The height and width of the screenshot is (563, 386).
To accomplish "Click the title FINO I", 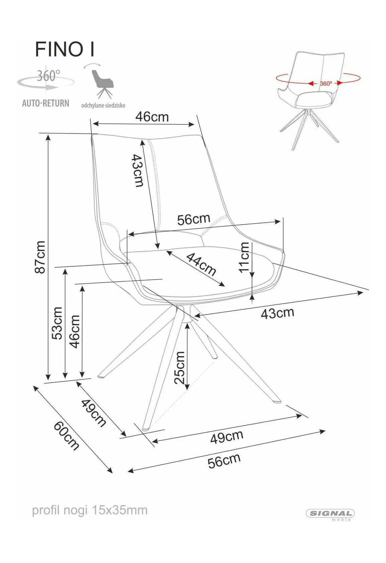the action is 65,49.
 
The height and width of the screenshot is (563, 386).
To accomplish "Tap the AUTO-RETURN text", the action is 45,103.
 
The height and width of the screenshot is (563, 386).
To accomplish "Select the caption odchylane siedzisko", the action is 103,105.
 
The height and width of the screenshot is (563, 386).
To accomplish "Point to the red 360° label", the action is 326,83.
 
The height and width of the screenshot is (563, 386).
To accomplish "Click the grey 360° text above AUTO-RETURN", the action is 49,76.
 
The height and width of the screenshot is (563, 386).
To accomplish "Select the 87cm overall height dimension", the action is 40,257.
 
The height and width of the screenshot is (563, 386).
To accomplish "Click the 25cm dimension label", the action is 179,368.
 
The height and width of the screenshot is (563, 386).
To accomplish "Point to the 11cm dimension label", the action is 244,257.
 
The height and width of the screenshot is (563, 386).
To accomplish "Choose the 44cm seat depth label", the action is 201,264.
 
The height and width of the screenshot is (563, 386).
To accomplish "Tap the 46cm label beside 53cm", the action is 74,332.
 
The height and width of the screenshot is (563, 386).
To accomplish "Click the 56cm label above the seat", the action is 194,219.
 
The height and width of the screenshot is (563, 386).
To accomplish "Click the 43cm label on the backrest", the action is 138,171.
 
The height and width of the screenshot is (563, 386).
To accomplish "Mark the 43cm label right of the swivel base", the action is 277,313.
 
